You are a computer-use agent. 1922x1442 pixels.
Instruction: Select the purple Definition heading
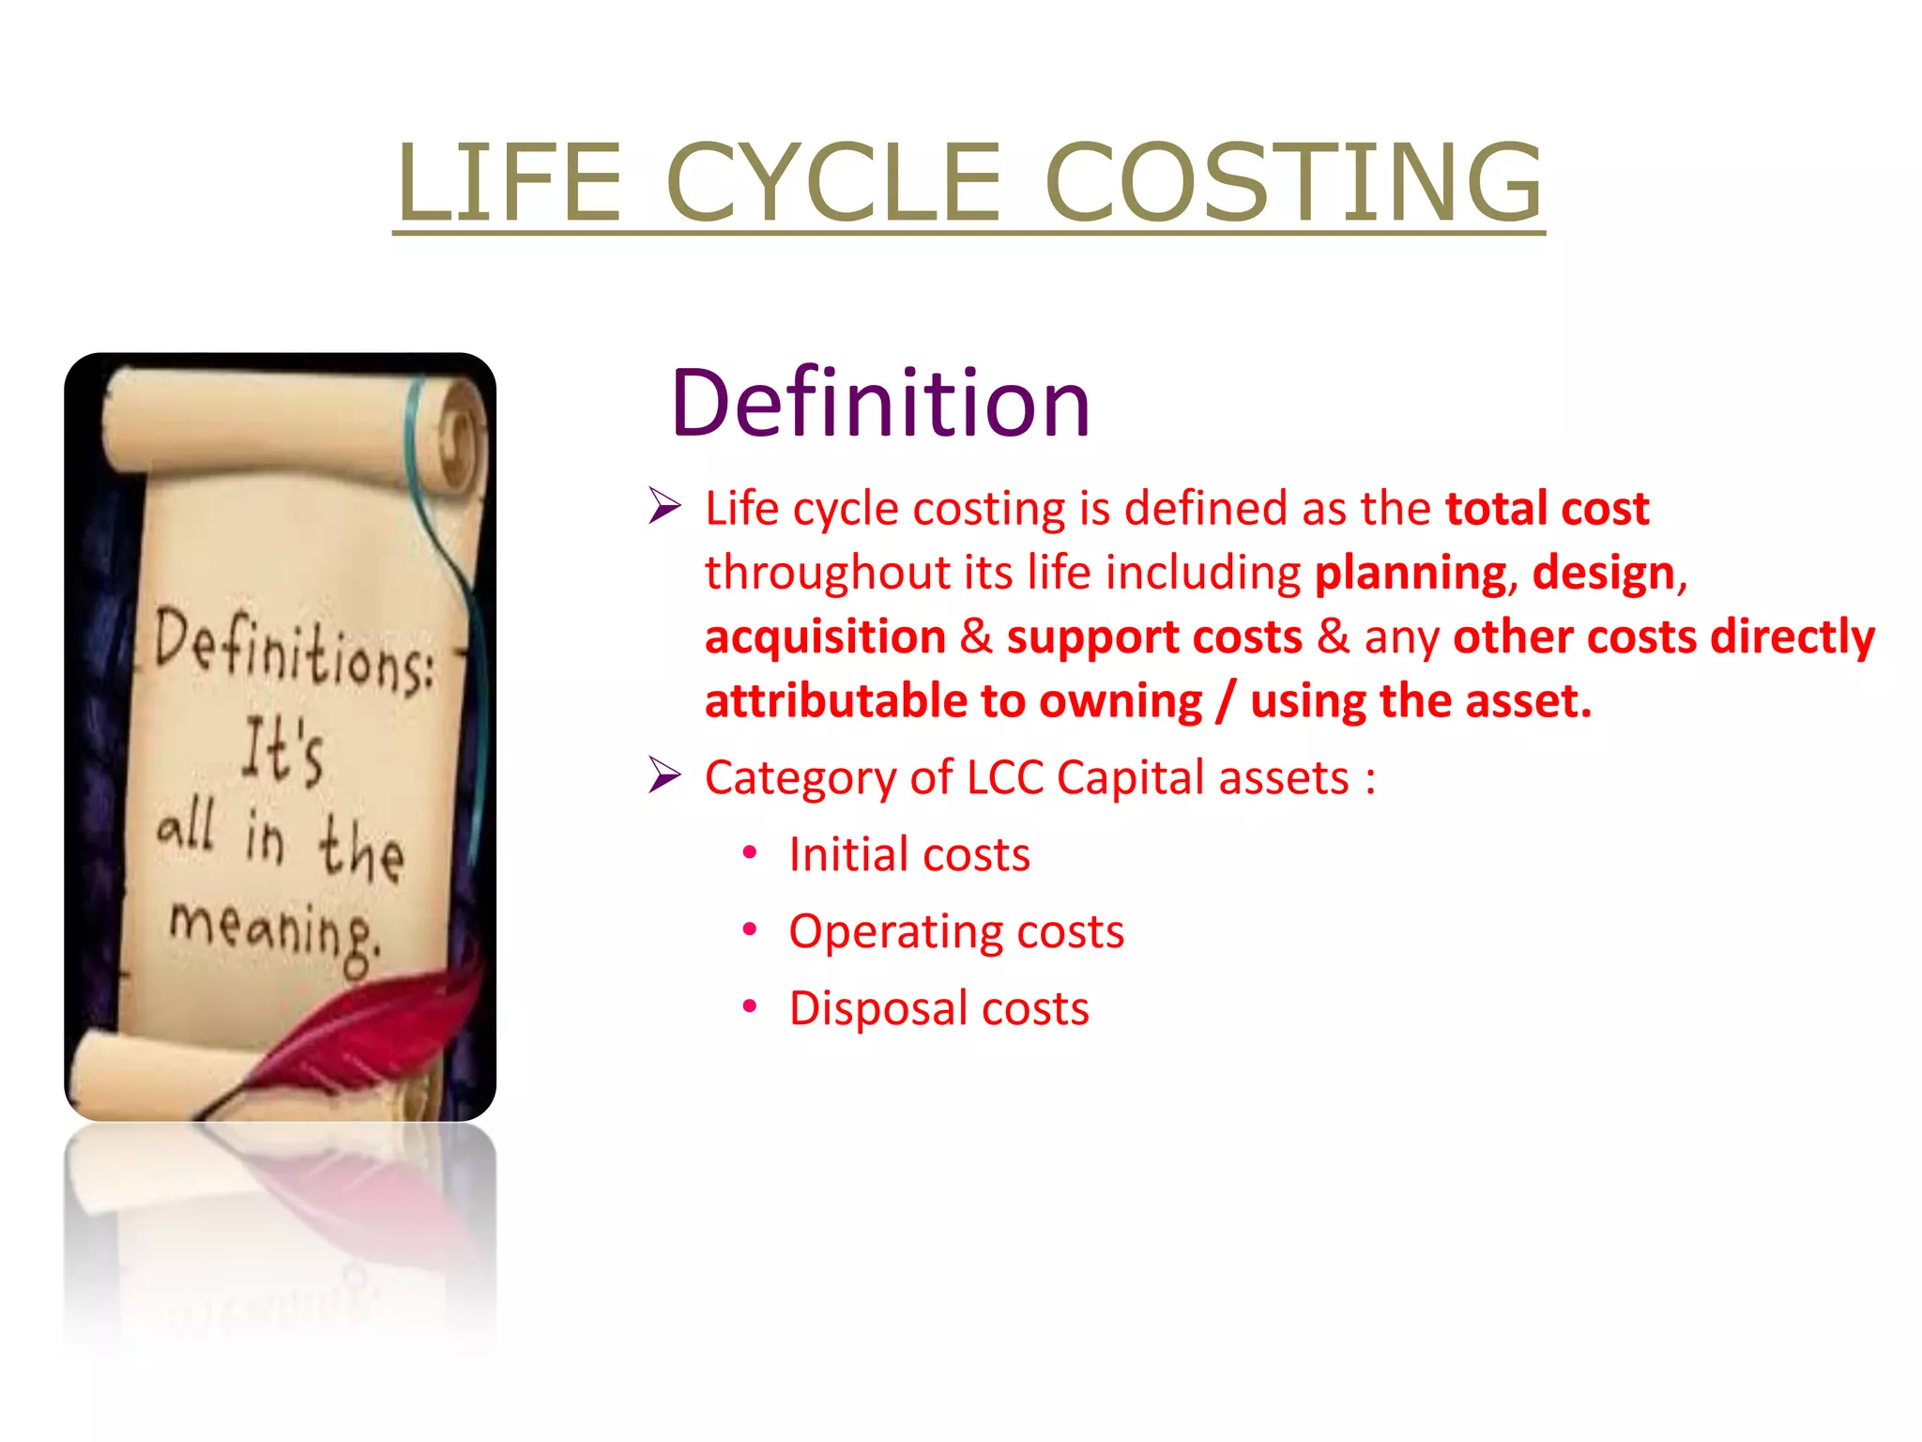point(880,404)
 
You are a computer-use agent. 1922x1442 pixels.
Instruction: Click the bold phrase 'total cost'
point(1547,509)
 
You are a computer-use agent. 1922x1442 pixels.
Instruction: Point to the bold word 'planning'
point(1411,573)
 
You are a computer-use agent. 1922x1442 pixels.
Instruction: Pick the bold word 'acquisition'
point(825,637)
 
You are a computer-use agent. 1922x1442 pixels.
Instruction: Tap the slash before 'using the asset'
point(1225,701)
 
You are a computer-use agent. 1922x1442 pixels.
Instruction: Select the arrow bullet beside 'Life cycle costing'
point(664,507)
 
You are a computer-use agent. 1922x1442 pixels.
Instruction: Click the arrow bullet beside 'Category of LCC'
point(664,776)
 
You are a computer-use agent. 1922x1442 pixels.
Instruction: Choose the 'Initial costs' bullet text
point(908,854)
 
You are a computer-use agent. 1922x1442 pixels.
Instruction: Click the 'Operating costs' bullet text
point(955,931)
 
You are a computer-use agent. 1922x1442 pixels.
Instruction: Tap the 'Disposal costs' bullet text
point(938,1008)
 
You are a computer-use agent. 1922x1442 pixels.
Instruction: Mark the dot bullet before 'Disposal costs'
point(749,1006)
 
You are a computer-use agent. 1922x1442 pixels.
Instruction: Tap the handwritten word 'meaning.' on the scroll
point(275,929)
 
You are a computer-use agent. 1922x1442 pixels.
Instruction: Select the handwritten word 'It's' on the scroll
point(282,751)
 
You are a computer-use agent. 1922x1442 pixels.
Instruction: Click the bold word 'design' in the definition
point(1603,573)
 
